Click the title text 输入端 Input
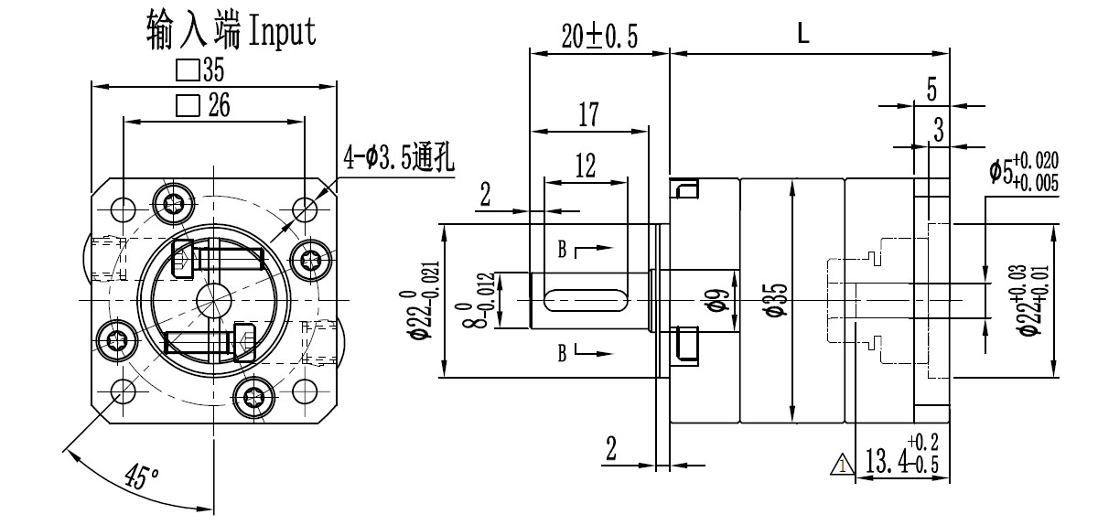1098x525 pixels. coord(231,31)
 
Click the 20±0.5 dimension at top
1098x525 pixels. coord(598,36)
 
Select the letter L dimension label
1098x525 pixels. coord(802,35)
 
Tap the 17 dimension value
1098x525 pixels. coord(588,114)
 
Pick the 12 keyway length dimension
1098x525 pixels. coord(586,166)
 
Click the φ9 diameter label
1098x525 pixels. coord(719,299)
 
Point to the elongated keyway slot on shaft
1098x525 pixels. coord(586,298)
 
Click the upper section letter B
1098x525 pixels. coord(563,248)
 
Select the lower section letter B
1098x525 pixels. coord(563,351)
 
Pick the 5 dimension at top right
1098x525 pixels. coord(931,90)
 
